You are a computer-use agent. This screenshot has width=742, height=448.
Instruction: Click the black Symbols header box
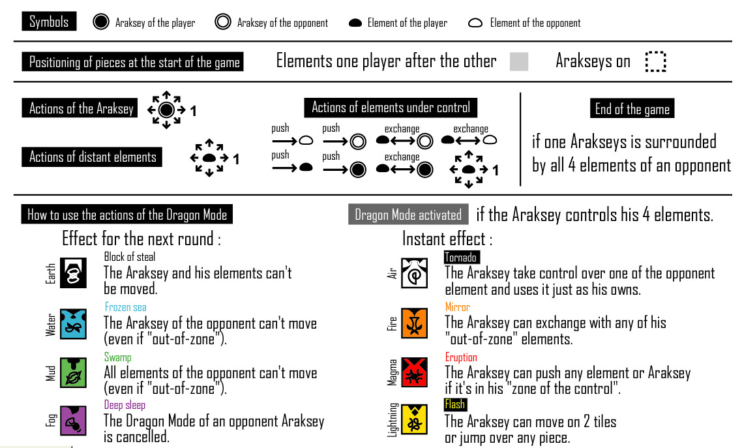pyautogui.click(x=49, y=22)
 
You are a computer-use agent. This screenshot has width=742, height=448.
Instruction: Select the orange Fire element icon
pyautogui.click(x=415, y=323)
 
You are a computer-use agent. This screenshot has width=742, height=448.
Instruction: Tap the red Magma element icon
pyautogui.click(x=415, y=373)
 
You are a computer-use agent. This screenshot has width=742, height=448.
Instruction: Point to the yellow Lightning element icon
pyautogui.click(x=415, y=421)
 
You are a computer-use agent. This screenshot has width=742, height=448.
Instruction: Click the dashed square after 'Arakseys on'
pyautogui.click(x=655, y=62)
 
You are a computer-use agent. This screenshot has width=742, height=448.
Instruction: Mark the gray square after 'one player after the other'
pyautogui.click(x=518, y=62)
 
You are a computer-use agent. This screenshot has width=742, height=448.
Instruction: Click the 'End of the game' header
pyautogui.click(x=632, y=109)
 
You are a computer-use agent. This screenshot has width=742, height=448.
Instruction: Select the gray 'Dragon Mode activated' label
pyautogui.click(x=408, y=215)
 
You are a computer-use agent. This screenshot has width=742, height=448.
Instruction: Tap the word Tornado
pyautogui.click(x=462, y=257)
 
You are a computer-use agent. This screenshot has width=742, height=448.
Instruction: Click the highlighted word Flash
pyautogui.click(x=454, y=404)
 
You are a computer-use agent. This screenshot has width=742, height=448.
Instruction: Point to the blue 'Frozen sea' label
pyautogui.click(x=125, y=307)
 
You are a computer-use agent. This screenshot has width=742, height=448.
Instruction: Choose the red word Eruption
pyautogui.click(x=461, y=357)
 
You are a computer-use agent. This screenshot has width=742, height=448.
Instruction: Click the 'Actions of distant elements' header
pyautogui.click(x=93, y=157)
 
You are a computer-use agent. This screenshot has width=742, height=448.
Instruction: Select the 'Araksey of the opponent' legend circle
pyautogui.click(x=223, y=23)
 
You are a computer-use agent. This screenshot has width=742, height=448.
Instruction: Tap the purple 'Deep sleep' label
pyautogui.click(x=125, y=405)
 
